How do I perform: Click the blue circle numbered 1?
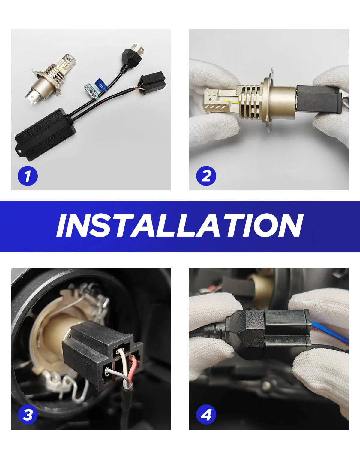(28, 176)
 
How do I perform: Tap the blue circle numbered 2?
(206, 176)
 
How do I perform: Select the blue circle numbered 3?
(28, 415)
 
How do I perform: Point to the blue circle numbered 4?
(206, 415)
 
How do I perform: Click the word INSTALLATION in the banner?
(180, 225)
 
